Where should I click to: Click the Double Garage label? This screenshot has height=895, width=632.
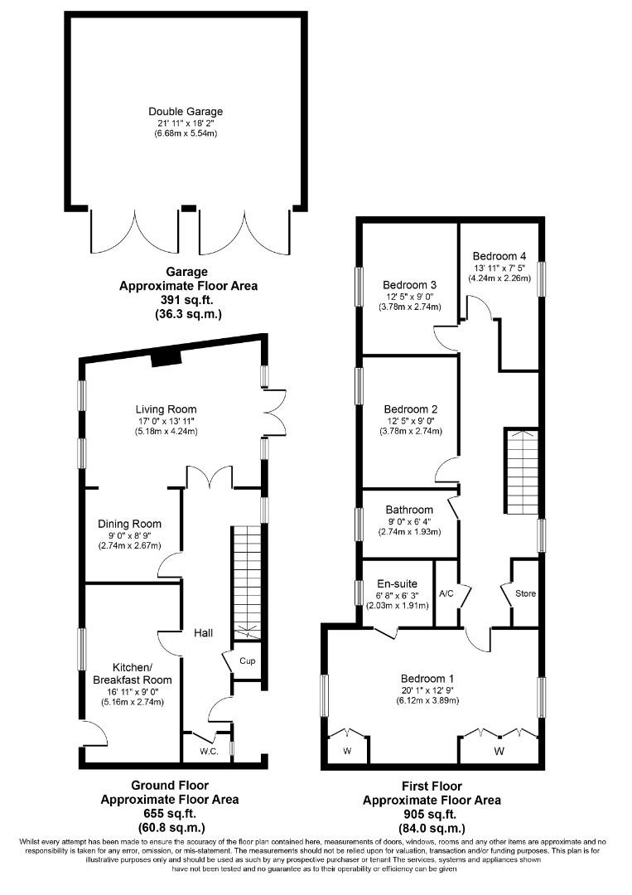tap(186, 111)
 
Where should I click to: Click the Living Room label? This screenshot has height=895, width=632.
tap(166, 409)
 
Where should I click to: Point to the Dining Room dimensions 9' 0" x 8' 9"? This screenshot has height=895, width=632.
tap(129, 535)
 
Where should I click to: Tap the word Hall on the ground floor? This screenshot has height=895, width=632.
tap(204, 633)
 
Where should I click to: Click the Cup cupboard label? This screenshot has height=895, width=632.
tap(247, 661)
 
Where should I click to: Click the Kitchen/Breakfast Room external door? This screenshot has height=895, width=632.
tap(94, 733)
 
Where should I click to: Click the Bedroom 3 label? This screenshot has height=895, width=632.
tap(409, 285)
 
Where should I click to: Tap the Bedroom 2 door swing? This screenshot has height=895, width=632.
tap(447, 470)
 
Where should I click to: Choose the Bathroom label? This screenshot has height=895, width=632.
tap(409, 510)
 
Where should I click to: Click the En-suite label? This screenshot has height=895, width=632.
tap(398, 584)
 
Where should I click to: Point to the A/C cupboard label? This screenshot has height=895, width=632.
tap(446, 593)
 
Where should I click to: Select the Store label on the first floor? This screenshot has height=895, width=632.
tap(525, 593)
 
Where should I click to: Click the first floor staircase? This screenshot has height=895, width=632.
tap(521, 472)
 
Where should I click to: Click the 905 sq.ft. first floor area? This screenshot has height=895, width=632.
tap(431, 814)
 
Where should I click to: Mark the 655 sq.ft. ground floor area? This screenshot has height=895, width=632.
tap(170, 814)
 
